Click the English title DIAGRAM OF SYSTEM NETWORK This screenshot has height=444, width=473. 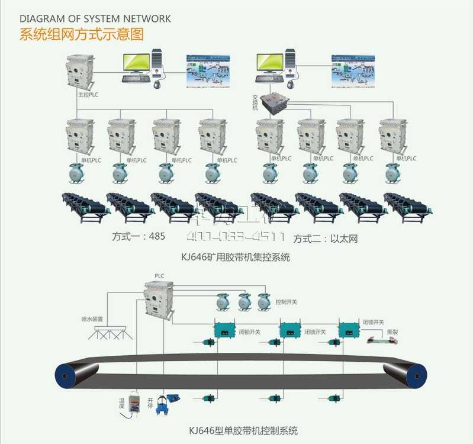pyautogui.click(x=95, y=19)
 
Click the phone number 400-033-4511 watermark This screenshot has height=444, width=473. pyautogui.click(x=236, y=237)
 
